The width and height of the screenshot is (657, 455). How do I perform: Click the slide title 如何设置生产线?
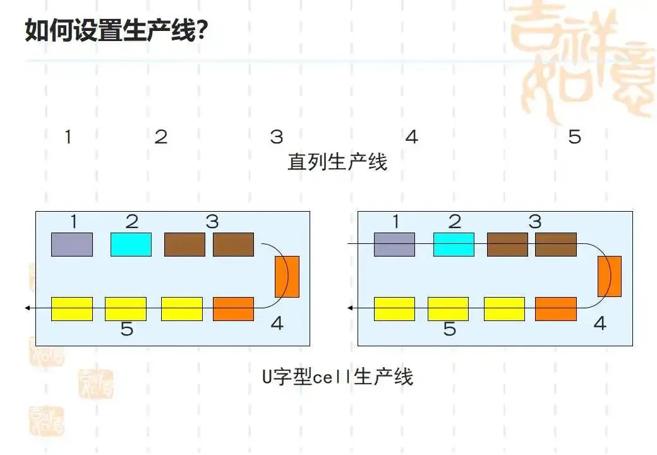[x=116, y=30]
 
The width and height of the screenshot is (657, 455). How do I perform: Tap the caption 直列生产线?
[x=337, y=162]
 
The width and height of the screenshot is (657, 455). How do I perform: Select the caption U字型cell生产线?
[x=338, y=377]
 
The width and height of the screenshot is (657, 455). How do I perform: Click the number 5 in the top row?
[x=574, y=137]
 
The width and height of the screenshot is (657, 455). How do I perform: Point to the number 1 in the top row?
[x=68, y=137]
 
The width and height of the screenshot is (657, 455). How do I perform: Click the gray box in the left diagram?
[x=72, y=245]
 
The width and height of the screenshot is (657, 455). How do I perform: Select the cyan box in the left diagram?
[x=131, y=245]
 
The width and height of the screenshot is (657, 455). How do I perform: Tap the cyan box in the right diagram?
[x=454, y=245]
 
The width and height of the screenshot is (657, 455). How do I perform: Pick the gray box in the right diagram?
[x=395, y=245]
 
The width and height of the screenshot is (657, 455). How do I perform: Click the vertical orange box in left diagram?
[x=287, y=277]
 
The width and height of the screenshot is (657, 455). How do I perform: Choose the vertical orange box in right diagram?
[x=610, y=277]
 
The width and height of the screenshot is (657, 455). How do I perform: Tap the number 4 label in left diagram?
[x=277, y=324]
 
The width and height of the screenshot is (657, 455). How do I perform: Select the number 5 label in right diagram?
[x=449, y=329]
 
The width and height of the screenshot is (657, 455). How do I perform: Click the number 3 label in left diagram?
[x=212, y=222]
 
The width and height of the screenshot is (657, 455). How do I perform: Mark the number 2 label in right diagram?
[x=455, y=222]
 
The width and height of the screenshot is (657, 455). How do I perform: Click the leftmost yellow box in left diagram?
[x=72, y=309]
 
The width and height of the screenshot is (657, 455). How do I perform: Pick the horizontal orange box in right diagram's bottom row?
[x=556, y=309]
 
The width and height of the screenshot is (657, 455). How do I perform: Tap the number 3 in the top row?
[x=276, y=137]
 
